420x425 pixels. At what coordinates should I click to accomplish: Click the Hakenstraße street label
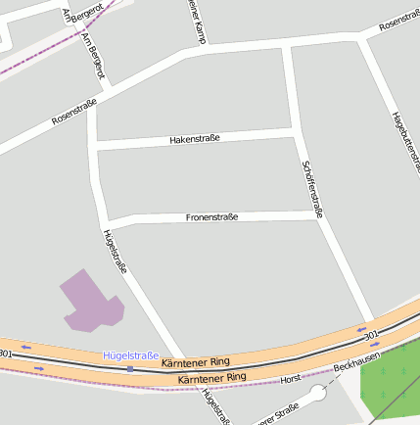(195, 139)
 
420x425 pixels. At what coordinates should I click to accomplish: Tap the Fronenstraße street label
(211, 216)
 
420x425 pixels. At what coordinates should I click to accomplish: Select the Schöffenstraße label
(312, 188)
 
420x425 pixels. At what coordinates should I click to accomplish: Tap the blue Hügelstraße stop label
(130, 355)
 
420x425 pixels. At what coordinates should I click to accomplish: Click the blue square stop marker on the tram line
(130, 369)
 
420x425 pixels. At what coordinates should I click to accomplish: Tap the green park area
(392, 382)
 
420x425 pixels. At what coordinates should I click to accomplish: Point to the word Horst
(290, 378)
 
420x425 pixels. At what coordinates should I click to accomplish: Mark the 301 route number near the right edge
(370, 337)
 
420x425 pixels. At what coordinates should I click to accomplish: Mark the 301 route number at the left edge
(6, 353)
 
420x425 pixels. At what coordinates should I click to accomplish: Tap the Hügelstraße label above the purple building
(116, 252)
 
